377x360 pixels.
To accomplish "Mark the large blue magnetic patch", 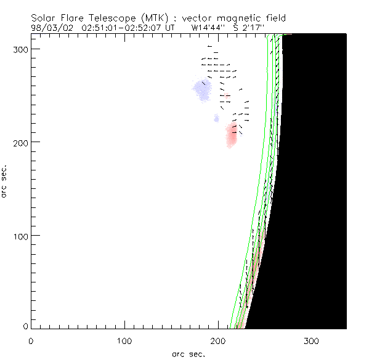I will pyautogui.click(x=202, y=90).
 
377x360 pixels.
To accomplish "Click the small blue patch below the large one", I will pyautogui.click(x=216, y=118).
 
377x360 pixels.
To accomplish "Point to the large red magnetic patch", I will pyautogui.click(x=232, y=134).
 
